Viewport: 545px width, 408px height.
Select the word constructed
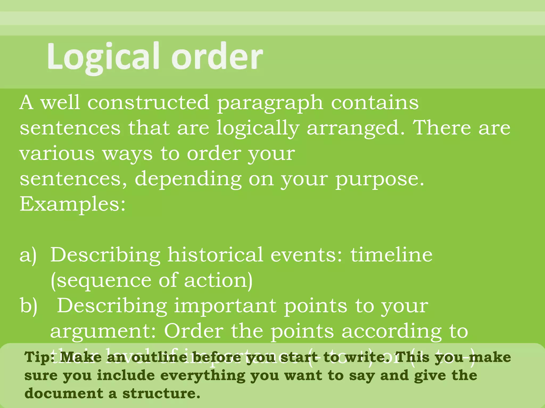[x=148, y=103]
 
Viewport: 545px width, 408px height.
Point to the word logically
[x=258, y=129]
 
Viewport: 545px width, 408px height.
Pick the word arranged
[x=356, y=129]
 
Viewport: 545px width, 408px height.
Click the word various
[x=57, y=154]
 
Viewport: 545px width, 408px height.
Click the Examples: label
[x=72, y=204]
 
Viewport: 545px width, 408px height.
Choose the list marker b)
[x=28, y=306]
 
